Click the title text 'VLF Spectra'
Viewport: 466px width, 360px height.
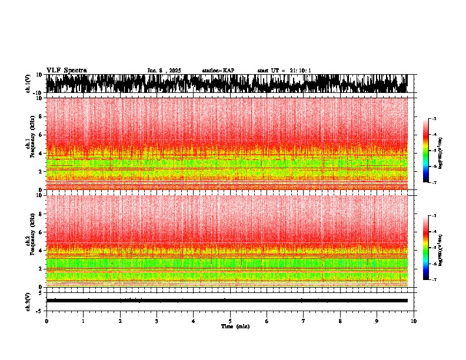tap(66, 70)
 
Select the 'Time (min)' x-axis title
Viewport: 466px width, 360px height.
tap(235, 326)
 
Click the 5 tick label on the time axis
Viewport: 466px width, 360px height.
tap(230, 321)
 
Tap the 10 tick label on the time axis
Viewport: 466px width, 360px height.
tap(414, 321)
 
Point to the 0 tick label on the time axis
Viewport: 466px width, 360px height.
tap(46, 321)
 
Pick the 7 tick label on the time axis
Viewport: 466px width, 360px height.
tap(304, 321)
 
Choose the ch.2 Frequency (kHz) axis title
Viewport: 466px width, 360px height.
tap(30, 240)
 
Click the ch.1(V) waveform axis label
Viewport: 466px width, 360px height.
tap(28, 84)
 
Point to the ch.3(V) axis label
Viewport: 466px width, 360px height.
tap(28, 301)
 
